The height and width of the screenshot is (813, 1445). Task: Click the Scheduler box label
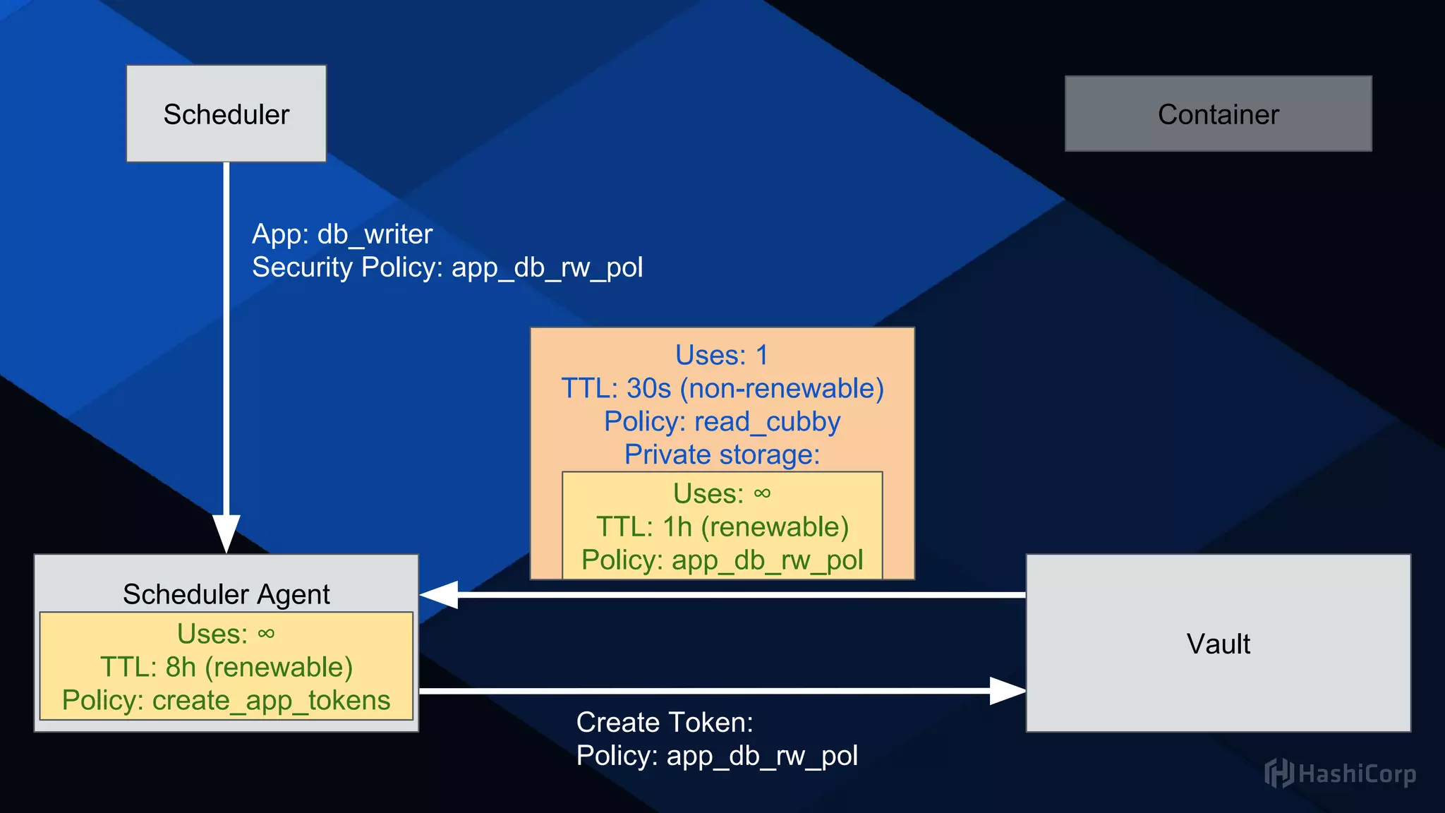(x=226, y=114)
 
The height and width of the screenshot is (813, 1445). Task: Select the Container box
(x=1218, y=114)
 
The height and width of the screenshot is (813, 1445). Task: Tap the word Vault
(x=1218, y=644)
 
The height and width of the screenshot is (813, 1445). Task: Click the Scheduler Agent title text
(x=226, y=594)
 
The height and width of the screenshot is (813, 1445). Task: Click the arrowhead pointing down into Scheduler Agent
(x=226, y=534)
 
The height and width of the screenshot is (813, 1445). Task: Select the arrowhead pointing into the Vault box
(x=1007, y=691)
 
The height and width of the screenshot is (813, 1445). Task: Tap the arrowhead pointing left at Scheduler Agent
(x=439, y=595)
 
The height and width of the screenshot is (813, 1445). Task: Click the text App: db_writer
(x=342, y=234)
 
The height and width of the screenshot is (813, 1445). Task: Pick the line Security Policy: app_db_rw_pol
(x=447, y=267)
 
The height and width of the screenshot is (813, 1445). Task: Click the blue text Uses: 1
(x=721, y=355)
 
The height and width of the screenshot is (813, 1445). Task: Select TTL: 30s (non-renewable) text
(x=722, y=388)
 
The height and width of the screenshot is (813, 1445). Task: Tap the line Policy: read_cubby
(x=722, y=421)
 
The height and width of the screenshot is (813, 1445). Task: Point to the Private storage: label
(x=722, y=454)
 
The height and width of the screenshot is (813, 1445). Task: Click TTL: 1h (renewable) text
(x=722, y=526)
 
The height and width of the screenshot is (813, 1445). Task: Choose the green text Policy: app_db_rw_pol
(x=722, y=560)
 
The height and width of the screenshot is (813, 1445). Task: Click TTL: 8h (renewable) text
(x=226, y=667)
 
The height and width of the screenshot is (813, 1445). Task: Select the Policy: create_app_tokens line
(x=226, y=700)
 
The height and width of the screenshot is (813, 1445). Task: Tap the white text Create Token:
(x=665, y=723)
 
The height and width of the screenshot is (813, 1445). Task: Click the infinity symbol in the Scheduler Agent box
(x=266, y=634)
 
